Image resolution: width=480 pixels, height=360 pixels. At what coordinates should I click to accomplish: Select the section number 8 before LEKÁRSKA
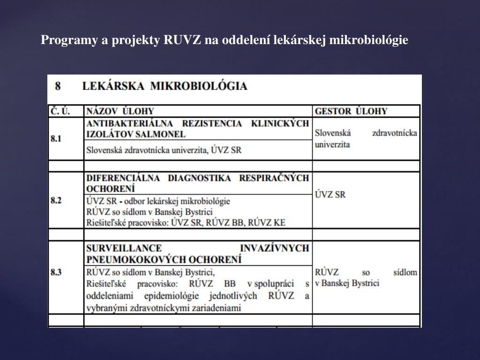[58, 86]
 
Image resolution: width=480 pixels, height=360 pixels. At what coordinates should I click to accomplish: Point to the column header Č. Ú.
[60, 112]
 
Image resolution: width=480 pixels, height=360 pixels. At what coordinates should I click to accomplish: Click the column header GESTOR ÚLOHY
[351, 112]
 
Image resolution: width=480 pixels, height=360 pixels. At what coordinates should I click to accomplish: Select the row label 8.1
[56, 139]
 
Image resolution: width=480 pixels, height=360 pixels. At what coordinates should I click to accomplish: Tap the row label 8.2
[56, 200]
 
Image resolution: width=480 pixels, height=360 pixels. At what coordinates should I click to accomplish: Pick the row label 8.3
[56, 272]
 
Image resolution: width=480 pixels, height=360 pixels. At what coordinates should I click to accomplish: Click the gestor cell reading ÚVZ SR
[330, 194]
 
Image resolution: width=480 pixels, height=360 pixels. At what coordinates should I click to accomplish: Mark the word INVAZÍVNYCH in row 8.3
[275, 248]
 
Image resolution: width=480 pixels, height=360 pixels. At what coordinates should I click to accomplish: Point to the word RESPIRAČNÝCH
[274, 178]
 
